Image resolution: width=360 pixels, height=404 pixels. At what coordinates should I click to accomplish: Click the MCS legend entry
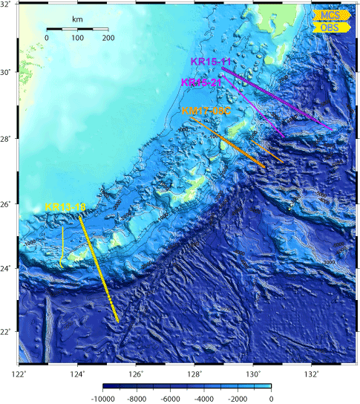pos(329,15)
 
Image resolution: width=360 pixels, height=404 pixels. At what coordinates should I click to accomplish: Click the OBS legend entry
pos(329,27)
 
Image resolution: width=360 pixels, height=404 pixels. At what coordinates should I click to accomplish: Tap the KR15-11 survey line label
pos(210,62)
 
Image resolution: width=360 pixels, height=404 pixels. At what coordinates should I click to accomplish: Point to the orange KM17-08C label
pos(207,110)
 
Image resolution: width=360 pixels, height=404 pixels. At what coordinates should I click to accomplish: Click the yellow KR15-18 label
pos(64,206)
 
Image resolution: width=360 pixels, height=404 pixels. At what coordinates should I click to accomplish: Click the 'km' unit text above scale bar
pos(77,19)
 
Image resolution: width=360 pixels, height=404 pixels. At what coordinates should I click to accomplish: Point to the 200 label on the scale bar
pos(108,37)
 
